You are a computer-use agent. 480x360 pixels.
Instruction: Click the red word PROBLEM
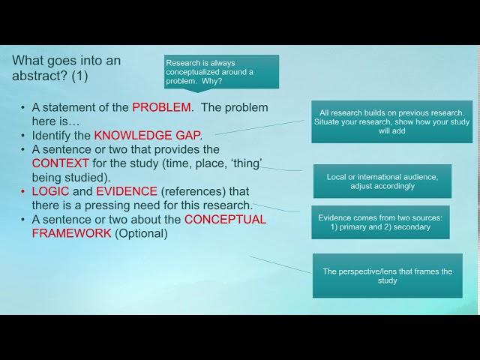[162, 107]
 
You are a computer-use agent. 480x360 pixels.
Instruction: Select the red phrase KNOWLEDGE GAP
[148, 135]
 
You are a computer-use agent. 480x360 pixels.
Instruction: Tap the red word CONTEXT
[60, 163]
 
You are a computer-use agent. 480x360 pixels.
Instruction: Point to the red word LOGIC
[50, 191]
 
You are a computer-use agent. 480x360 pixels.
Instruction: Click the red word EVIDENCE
[127, 191]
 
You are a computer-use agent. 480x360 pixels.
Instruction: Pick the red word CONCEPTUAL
[225, 220]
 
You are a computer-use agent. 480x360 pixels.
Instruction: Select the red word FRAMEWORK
[72, 233]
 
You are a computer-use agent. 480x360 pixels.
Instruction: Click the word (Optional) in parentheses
[141, 233]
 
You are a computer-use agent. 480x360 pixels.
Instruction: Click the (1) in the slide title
[79, 76]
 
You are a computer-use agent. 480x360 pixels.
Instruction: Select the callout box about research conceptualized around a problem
[222, 72]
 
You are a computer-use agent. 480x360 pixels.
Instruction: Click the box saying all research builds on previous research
[391, 121]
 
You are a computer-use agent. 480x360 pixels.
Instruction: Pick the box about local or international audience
[382, 181]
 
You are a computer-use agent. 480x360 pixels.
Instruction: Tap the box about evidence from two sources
[380, 222]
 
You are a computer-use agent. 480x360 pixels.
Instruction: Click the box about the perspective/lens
[388, 275]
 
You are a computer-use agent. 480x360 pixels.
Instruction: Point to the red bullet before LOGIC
[22, 192]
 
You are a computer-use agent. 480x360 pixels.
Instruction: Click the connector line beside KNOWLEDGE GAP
[259, 127]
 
